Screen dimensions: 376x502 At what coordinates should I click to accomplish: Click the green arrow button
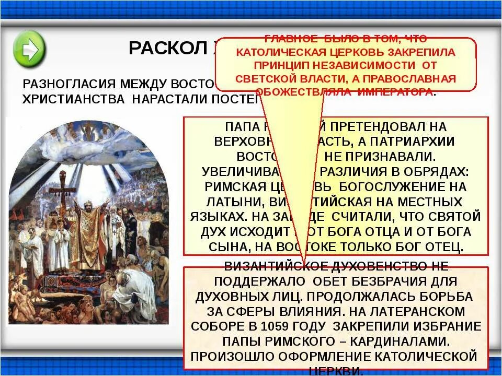click(x=29, y=48)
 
